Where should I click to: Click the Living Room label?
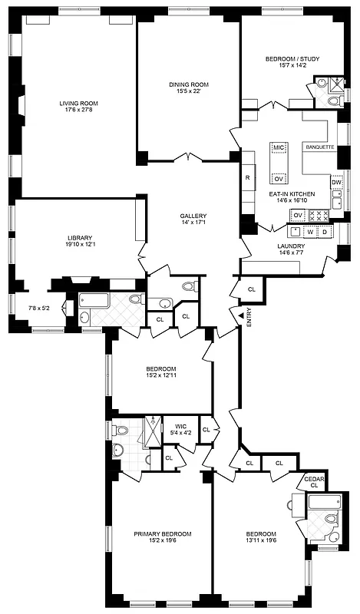click(x=78, y=103)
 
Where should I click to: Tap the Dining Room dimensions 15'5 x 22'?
click(x=188, y=91)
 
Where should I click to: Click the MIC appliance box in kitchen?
click(x=278, y=146)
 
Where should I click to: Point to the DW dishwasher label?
click(x=336, y=182)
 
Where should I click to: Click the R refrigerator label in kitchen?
click(x=247, y=178)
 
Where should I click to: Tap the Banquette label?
click(x=319, y=146)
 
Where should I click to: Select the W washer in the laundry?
click(x=310, y=231)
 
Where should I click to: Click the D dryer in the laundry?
click(x=325, y=231)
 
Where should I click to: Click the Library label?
click(x=78, y=238)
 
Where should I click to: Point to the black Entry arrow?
click(x=239, y=315)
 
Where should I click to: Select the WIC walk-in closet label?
click(x=180, y=425)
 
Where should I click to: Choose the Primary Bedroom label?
click(x=162, y=533)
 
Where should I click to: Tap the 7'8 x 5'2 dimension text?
click(x=38, y=309)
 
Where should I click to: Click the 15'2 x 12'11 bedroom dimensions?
click(x=161, y=375)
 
